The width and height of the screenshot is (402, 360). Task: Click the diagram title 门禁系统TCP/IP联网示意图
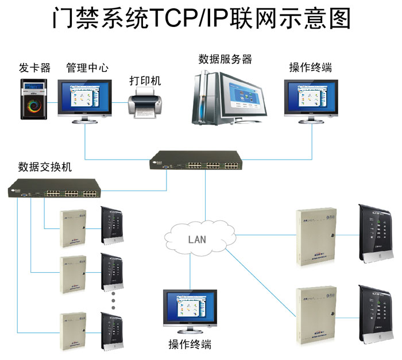201,20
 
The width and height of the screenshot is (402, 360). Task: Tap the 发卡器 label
34,68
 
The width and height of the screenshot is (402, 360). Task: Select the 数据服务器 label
226,59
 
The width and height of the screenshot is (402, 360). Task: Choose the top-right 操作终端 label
311,68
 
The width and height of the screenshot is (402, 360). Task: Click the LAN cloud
198,238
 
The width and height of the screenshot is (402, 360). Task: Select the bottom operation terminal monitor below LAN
190,312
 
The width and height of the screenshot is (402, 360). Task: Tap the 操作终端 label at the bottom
190,345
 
